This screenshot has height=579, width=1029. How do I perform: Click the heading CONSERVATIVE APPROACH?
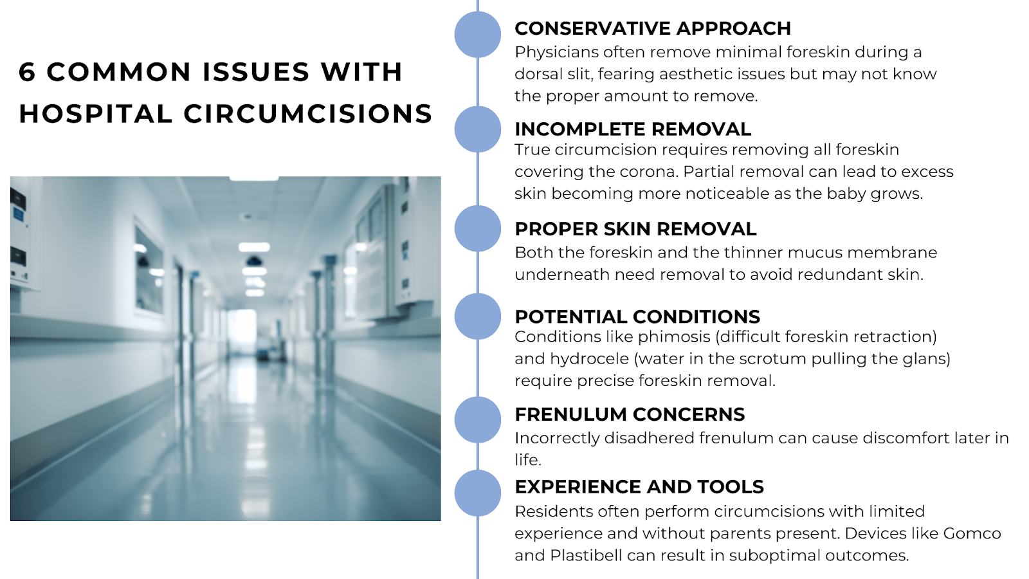pyautogui.click(x=652, y=28)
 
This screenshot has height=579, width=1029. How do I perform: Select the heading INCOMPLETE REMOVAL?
pyautogui.click(x=632, y=129)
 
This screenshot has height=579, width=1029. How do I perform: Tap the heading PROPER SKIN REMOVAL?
pyautogui.click(x=635, y=229)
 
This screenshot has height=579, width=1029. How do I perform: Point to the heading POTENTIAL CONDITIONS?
pyautogui.click(x=637, y=317)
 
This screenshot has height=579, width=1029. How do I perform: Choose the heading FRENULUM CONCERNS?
pyautogui.click(x=629, y=414)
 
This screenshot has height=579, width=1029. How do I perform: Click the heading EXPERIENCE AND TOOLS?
pyautogui.click(x=639, y=487)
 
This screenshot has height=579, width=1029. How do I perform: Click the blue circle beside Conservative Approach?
pyautogui.click(x=477, y=35)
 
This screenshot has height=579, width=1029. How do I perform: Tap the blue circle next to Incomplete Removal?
pyautogui.click(x=477, y=129)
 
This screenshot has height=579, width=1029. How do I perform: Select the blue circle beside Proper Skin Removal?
pyautogui.click(x=477, y=228)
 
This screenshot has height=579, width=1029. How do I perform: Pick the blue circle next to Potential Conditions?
pyautogui.click(x=477, y=316)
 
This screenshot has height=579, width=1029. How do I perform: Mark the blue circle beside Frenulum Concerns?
pyautogui.click(x=477, y=420)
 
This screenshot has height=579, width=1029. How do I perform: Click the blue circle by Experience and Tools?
pyautogui.click(x=477, y=493)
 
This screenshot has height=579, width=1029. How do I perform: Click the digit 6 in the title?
pyautogui.click(x=27, y=72)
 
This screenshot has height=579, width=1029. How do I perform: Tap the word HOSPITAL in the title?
pyautogui.click(x=96, y=114)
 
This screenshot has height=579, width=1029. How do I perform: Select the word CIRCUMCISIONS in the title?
pyautogui.click(x=307, y=114)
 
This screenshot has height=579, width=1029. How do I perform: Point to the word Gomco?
pyautogui.click(x=972, y=533)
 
